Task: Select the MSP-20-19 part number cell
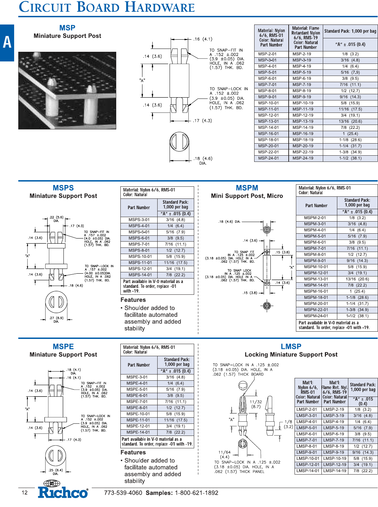click(303, 146)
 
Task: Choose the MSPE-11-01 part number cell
click(138, 420)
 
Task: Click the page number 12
click(24, 493)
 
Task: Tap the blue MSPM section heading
click(247, 188)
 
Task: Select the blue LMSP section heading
click(291, 346)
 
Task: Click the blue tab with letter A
click(7, 42)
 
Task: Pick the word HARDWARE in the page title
click(160, 7)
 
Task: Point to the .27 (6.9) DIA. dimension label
click(56, 319)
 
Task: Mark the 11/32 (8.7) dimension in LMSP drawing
click(256, 404)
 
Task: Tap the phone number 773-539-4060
click(123, 493)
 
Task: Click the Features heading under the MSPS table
click(133, 300)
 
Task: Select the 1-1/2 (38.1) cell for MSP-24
click(350, 158)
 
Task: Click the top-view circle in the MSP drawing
click(179, 142)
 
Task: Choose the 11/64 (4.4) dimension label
click(224, 454)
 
